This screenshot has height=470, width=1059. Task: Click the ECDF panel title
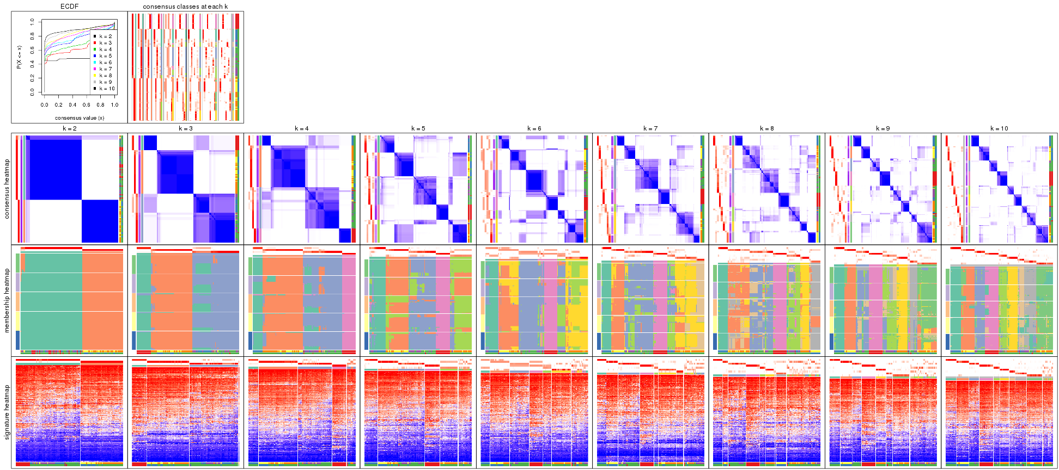pos(69,7)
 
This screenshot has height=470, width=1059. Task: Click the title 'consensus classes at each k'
pos(185,7)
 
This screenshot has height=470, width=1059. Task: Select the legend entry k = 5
pos(105,56)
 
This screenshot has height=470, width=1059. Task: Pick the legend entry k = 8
pos(105,76)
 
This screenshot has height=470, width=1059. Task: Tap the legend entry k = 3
pos(105,43)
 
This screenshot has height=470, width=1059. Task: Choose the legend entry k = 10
pos(106,89)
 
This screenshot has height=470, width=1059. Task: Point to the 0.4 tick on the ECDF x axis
pos(72,105)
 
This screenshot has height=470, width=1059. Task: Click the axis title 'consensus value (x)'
pos(80,117)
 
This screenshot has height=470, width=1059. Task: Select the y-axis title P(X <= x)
pos(19,57)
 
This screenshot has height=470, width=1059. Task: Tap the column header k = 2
pos(69,128)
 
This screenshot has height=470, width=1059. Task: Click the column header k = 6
pos(534,128)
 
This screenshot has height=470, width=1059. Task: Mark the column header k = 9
pos(882,128)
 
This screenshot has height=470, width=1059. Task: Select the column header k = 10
pos(999,128)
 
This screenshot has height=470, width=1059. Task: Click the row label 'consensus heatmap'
pos(7,189)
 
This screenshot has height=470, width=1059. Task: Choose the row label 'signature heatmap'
pos(7,412)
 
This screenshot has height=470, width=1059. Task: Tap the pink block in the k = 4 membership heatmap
pos(349,302)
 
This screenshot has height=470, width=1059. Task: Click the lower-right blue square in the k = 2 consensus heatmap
pos(100,221)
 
